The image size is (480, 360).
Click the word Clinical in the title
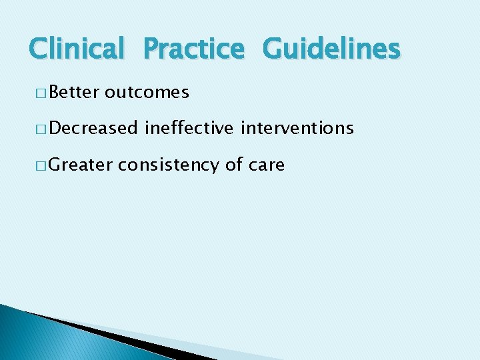pyautogui.click(x=77, y=49)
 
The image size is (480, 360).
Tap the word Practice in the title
pyautogui.click(x=194, y=49)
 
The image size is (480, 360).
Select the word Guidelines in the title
pyautogui.click(x=331, y=49)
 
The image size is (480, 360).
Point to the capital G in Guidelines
pyautogui.click(x=273, y=49)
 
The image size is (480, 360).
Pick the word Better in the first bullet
pyautogui.click(x=73, y=92)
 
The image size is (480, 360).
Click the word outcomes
pyautogui.click(x=147, y=93)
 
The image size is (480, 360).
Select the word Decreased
pyautogui.click(x=93, y=128)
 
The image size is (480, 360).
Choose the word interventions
pyautogui.click(x=297, y=128)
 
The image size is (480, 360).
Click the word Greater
pyautogui.click(x=80, y=164)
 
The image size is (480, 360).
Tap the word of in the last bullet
pyautogui.click(x=233, y=164)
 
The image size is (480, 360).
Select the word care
pyautogui.click(x=267, y=165)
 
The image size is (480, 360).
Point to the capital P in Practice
pyautogui.click(x=152, y=49)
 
